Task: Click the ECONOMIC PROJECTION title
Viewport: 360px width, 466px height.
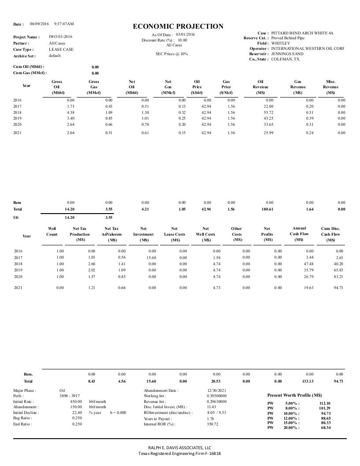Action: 178,26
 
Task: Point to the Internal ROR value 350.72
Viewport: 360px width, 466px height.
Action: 213,424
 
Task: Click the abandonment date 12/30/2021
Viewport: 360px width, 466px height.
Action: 217,391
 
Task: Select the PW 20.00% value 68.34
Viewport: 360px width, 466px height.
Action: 326,428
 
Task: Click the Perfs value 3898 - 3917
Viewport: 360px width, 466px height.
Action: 69,396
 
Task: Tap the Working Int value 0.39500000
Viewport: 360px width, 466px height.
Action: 217,396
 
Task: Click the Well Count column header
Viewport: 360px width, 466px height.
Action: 52,231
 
